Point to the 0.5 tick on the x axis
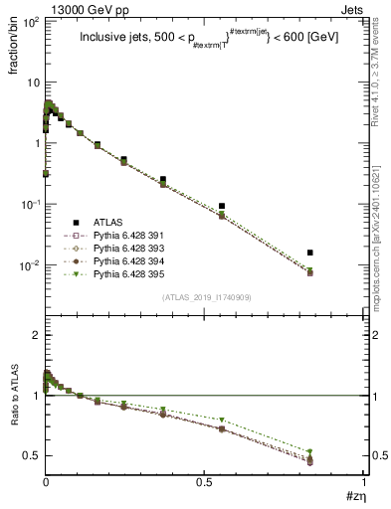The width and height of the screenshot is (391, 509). [x=204, y=483]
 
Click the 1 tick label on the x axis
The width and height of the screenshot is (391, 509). [x=363, y=483]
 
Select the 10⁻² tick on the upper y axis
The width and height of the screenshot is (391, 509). [x=31, y=265]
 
